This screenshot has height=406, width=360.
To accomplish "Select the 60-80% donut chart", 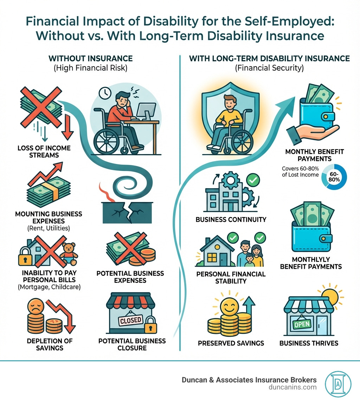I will point(334,177).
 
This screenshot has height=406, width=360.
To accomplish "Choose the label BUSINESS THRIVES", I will point(309,343).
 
